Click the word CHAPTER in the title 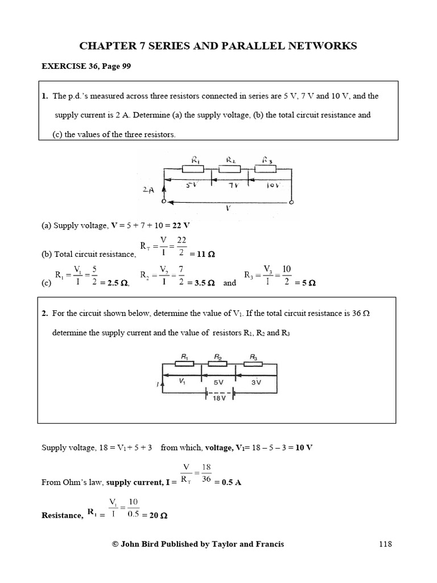(x=105, y=46)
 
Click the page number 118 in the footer (x=385, y=544)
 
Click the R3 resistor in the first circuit (x=265, y=169)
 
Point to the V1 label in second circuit (x=182, y=382)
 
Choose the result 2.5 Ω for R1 (x=114, y=283)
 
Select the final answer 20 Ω (x=158, y=515)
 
